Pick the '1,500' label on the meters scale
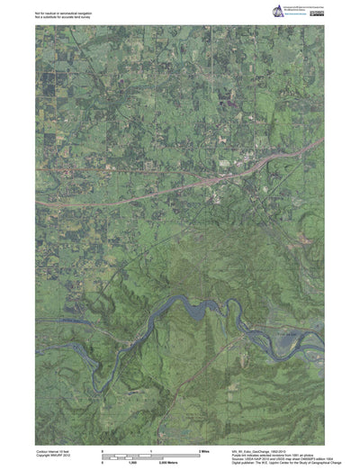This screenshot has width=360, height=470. pyautogui.click(x=132, y=462)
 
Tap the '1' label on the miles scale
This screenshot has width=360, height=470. pyautogui.click(x=150, y=448)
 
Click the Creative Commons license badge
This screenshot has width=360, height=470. pyautogui.click(x=319, y=13)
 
